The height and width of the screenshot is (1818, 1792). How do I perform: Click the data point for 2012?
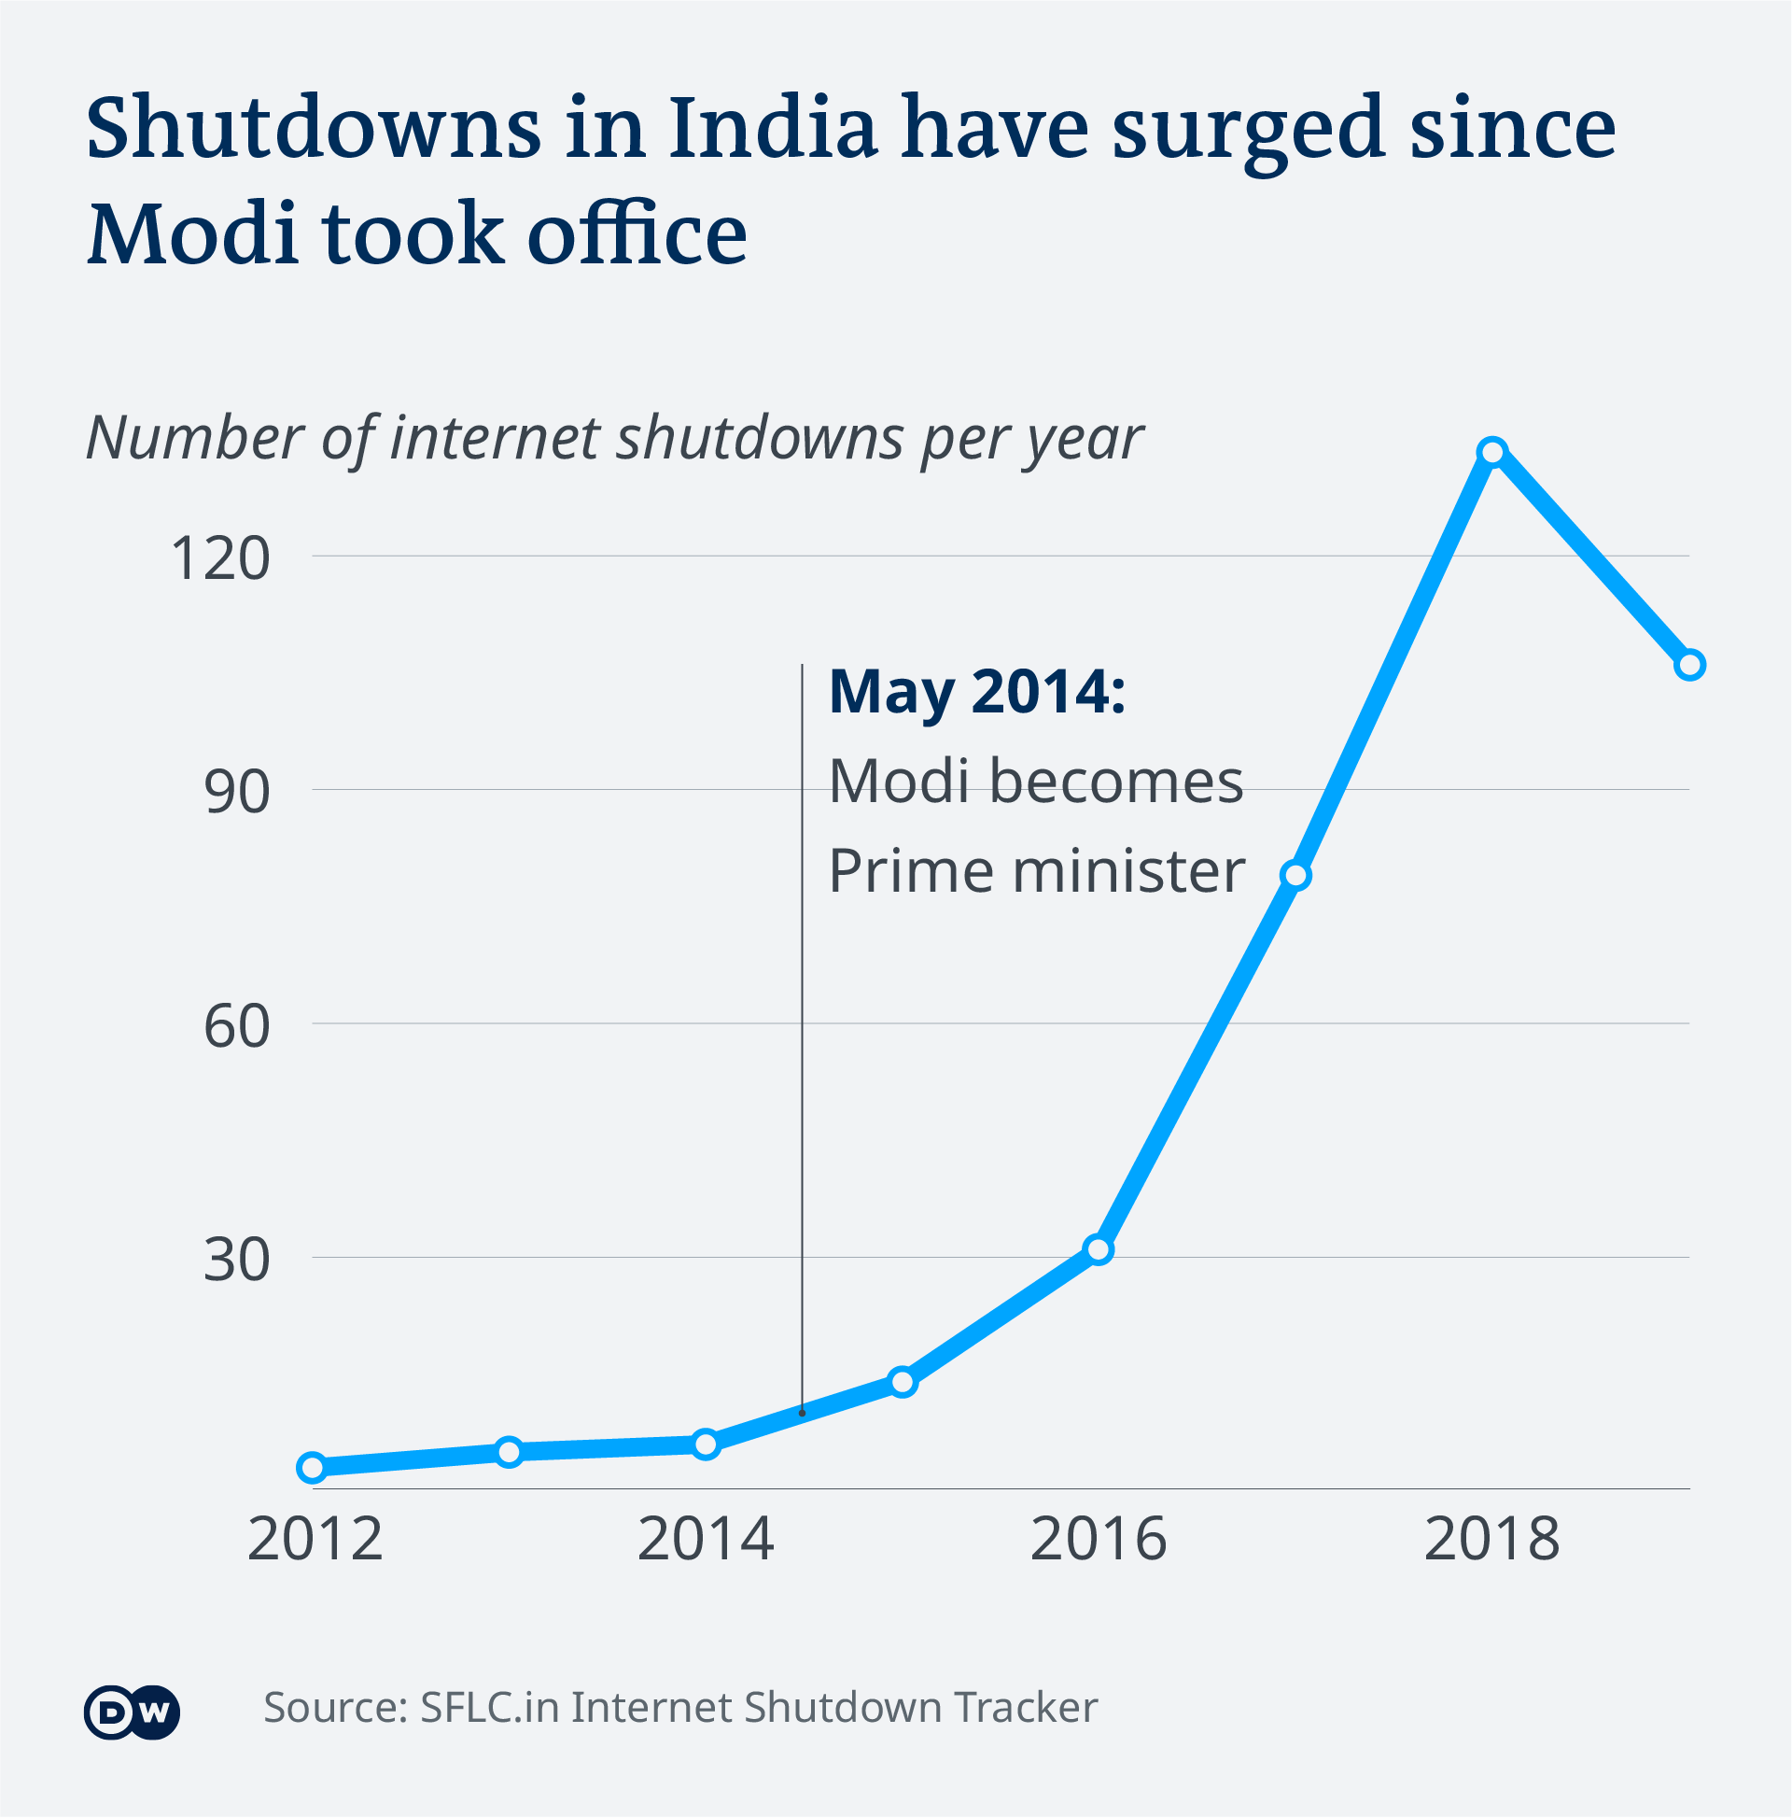(313, 1467)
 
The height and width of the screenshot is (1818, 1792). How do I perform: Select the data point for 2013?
(509, 1452)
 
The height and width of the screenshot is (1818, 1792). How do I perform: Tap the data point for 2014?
(707, 1444)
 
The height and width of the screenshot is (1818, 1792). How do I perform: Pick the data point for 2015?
(903, 1381)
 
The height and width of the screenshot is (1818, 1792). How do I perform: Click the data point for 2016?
(1099, 1249)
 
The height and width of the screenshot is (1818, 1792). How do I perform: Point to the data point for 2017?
(1296, 875)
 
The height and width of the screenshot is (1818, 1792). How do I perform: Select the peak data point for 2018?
(1492, 452)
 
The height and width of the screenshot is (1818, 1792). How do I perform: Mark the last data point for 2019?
(1690, 665)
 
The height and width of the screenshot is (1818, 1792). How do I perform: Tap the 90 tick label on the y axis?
(237, 792)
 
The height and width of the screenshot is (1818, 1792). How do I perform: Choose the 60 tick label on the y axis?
(237, 1025)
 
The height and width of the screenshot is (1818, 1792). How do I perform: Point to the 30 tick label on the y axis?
(237, 1259)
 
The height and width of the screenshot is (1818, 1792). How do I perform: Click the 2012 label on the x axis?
(315, 1541)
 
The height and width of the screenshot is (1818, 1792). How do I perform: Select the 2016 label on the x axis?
(1099, 1541)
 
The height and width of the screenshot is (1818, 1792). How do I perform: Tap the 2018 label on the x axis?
(1491, 1541)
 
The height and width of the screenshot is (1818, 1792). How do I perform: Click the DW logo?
(132, 1712)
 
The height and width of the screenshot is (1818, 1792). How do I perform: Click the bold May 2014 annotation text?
(976, 692)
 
